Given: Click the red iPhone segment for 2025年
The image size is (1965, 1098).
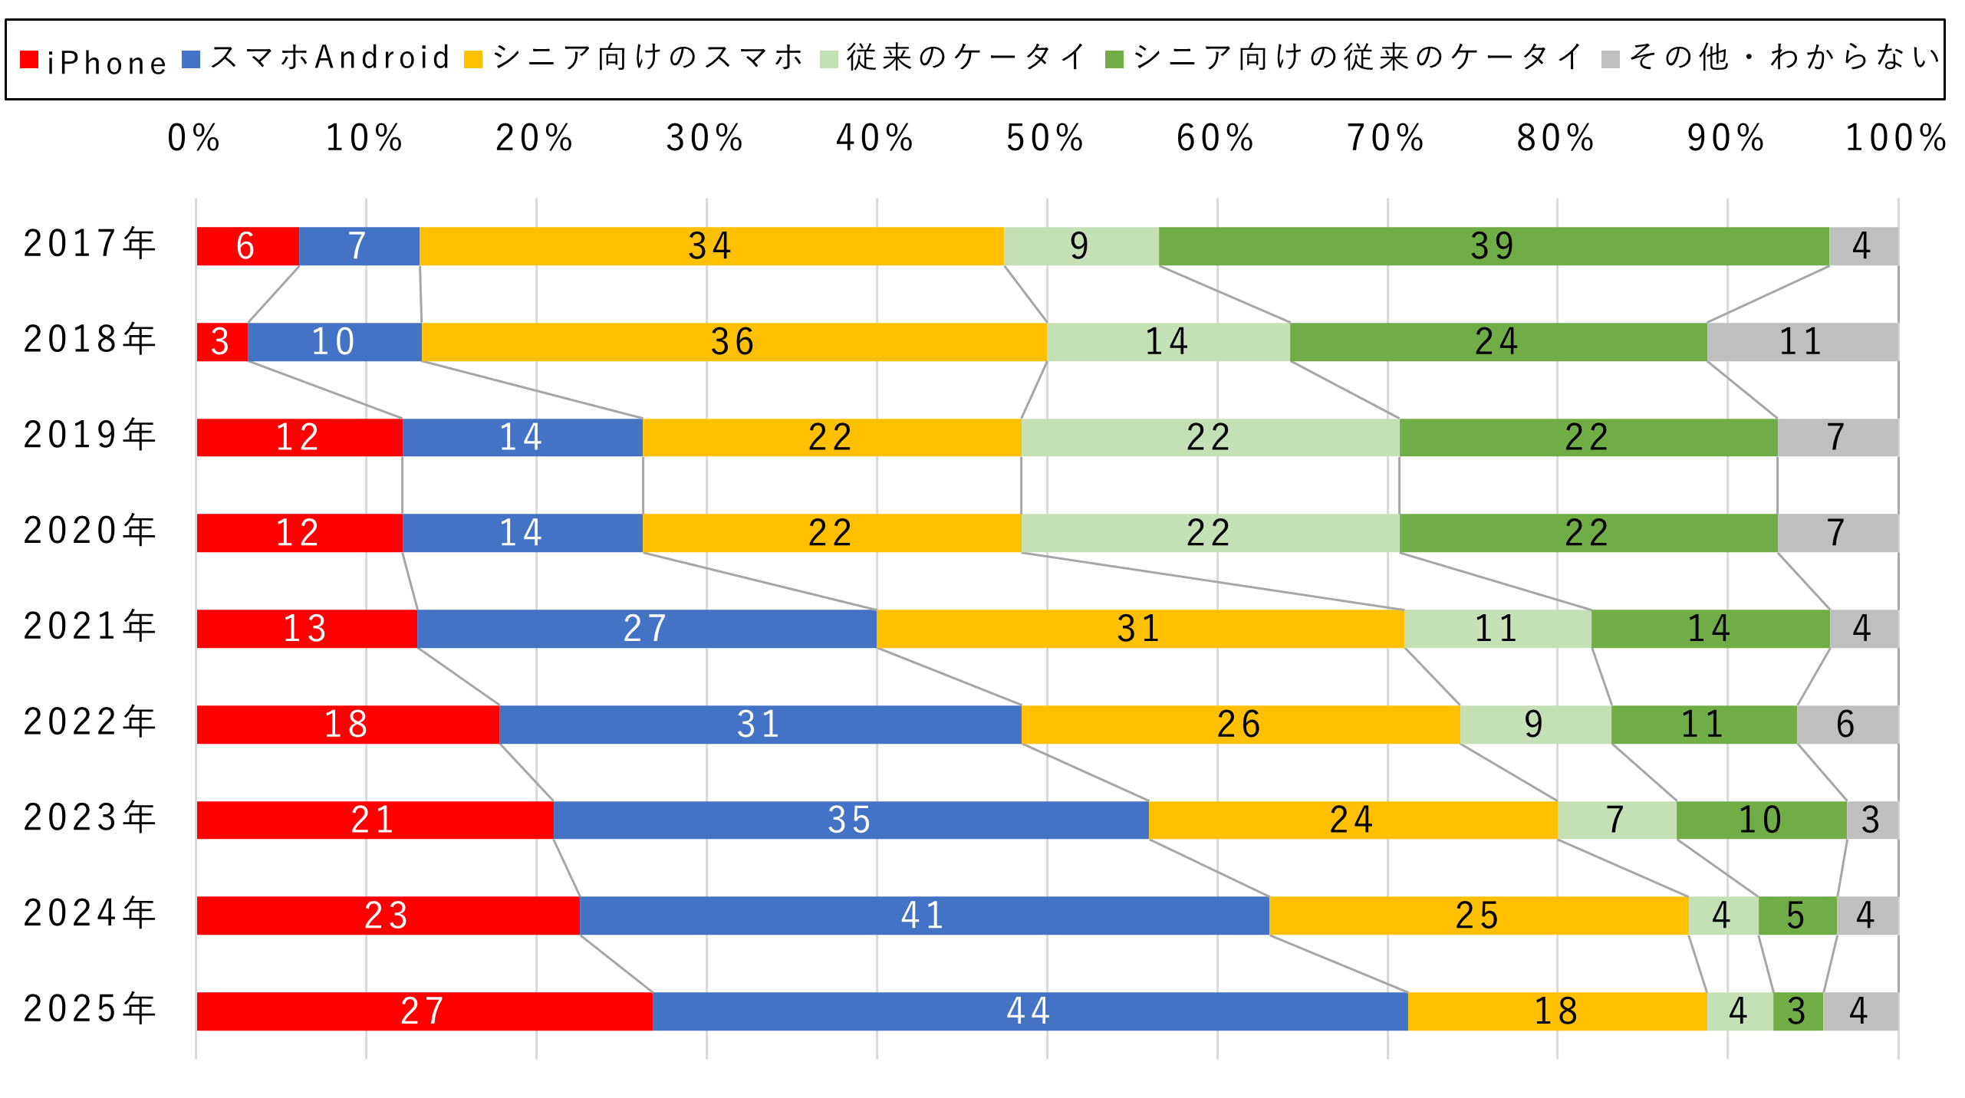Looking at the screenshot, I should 424,1011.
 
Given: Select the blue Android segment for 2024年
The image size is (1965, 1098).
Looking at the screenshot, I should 923,915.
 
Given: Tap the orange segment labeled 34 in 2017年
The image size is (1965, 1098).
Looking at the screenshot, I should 711,246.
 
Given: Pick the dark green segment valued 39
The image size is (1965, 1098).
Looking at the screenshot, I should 1493,246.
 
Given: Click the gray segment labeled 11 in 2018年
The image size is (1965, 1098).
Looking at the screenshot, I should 1802,342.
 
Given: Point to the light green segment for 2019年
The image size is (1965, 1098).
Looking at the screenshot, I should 1210,437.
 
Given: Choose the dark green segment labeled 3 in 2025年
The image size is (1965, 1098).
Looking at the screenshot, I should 1797,1011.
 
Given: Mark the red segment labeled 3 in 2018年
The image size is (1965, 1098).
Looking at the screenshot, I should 222,342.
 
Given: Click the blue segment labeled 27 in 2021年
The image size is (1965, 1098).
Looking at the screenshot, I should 646,629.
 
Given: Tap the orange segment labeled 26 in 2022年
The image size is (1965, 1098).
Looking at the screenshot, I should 1239,724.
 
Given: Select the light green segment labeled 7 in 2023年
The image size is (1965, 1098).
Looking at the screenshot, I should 1616,820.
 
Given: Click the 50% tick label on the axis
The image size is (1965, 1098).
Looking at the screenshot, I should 1045,139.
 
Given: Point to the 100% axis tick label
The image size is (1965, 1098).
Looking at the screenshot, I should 1895,139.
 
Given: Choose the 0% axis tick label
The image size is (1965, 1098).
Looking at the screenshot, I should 194,139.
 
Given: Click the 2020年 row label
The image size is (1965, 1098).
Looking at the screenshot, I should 91,531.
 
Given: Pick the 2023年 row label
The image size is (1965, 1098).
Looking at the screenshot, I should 91,817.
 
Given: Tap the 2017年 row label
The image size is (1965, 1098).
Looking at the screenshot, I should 91,244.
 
